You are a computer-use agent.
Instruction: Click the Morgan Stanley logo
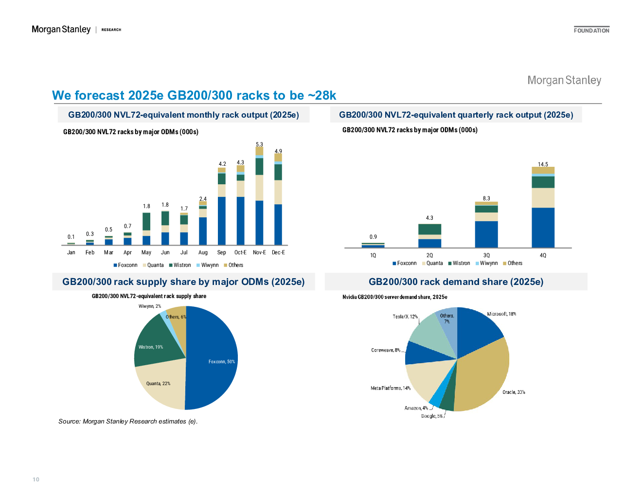[564, 80]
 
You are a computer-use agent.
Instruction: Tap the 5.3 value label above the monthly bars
[259, 144]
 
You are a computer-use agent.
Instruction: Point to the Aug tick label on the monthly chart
[203, 252]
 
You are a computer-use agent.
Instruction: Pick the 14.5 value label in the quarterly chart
[543, 164]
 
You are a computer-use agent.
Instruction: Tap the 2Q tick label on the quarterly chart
[429, 255]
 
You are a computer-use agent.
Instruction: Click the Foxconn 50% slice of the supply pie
[214, 360]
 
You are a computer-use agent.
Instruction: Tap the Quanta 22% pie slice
[160, 384]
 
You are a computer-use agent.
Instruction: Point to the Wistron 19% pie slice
[153, 343]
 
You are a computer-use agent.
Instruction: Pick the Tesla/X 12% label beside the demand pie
[405, 317]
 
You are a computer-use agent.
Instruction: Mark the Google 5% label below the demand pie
[432, 416]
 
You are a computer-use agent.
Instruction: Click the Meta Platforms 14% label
[391, 388]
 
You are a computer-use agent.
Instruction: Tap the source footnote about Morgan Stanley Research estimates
[128, 421]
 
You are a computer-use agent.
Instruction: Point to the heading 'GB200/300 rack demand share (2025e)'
[456, 282]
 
